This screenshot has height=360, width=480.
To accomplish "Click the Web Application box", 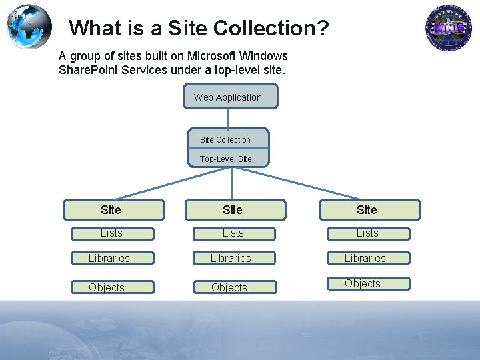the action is pyautogui.click(x=231, y=97).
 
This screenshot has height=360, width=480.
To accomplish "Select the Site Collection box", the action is pyautogui.click(x=228, y=139).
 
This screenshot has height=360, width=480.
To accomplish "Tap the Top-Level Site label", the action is pyautogui.click(x=226, y=159).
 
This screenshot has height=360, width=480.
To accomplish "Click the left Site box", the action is pyautogui.click(x=113, y=210).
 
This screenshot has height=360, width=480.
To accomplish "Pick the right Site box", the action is pyautogui.click(x=370, y=210).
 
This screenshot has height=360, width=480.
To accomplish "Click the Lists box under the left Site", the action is pyautogui.click(x=113, y=233).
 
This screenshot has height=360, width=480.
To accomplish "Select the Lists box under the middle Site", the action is pyautogui.click(x=234, y=233).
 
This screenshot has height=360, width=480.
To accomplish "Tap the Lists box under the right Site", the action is pyautogui.click(x=368, y=233).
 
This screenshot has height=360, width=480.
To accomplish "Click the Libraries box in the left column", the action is pyautogui.click(x=111, y=258).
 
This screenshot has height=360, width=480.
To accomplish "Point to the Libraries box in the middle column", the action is pyautogui.click(x=233, y=258).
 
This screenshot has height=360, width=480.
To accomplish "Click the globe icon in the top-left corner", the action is pyautogui.click(x=29, y=27).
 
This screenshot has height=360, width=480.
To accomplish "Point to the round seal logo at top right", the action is pyautogui.click(x=449, y=28).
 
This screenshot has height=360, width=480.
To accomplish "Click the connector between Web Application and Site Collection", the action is pyautogui.click(x=229, y=118).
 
